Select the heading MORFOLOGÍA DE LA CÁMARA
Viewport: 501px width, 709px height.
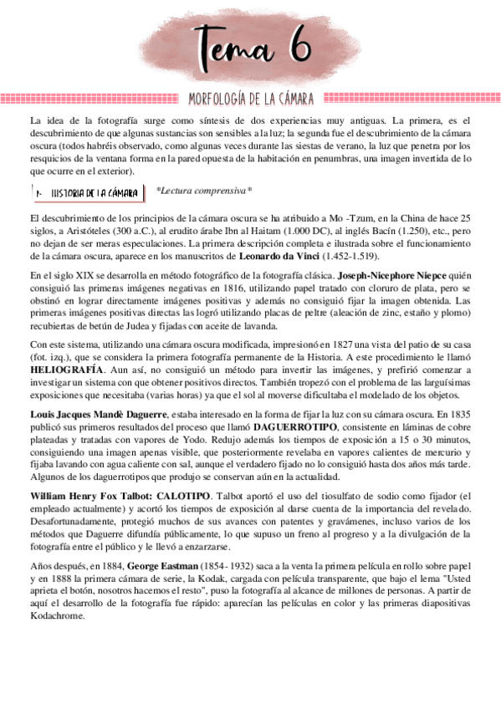click(251, 99)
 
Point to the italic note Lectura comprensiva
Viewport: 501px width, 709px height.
click(204, 191)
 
